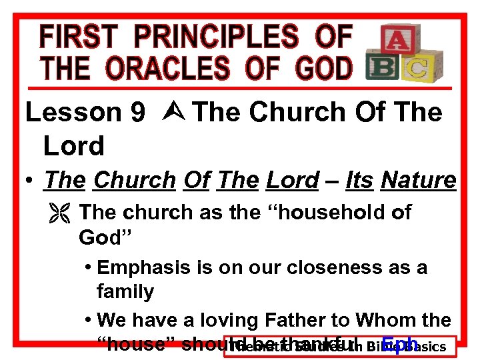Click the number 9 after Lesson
(x=138, y=113)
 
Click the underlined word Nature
(x=418, y=180)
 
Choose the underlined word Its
(x=359, y=180)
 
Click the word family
(x=125, y=291)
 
